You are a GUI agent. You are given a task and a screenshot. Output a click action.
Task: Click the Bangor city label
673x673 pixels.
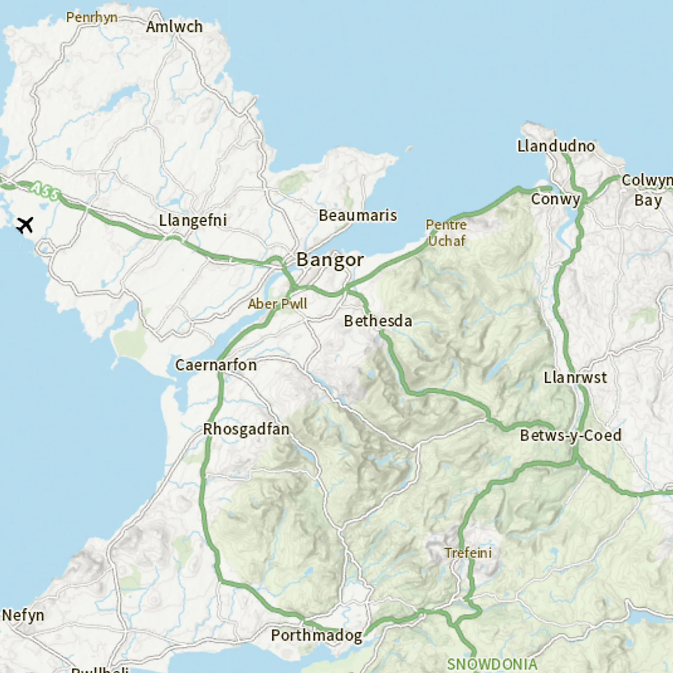(330, 260)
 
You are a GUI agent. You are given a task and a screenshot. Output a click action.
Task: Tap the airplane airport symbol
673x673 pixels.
(25, 225)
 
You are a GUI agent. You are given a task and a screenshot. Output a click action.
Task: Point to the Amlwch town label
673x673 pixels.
(174, 27)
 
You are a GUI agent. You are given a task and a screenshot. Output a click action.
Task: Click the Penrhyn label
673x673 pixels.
(92, 17)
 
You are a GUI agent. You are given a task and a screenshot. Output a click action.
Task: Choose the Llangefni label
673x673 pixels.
(193, 220)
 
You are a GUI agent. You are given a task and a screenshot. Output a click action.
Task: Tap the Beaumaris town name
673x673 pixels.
(358, 215)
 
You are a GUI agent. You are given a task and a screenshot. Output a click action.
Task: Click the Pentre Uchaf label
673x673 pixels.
(446, 233)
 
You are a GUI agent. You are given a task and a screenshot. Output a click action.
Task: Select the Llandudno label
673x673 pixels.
(556, 146)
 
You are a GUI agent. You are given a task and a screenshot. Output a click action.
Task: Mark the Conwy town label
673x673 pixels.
(556, 199)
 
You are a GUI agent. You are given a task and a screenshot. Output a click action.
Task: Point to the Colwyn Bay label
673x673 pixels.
(647, 190)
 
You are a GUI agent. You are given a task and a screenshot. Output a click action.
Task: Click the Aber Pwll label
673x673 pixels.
(278, 304)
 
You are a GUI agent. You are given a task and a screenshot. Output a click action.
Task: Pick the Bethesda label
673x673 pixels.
(378, 321)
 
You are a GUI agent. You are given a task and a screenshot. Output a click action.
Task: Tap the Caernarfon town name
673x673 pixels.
(216, 365)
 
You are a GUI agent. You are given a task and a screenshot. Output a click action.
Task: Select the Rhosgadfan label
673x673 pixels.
(246, 429)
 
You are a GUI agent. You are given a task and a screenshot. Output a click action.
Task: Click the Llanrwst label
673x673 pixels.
(575, 378)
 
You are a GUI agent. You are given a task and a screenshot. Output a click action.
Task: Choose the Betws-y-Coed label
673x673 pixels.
(570, 436)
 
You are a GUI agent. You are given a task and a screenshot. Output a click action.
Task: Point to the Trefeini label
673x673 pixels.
(468, 553)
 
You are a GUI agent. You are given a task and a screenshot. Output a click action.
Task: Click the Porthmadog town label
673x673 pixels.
(317, 635)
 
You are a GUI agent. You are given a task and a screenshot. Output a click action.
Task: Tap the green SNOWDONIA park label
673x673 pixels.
(492, 664)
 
